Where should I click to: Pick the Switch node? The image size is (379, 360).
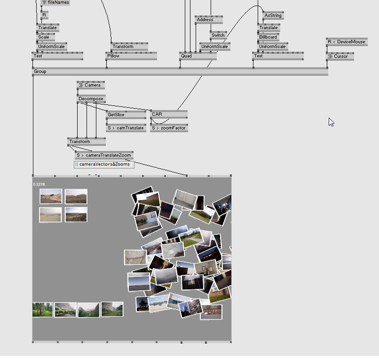218,35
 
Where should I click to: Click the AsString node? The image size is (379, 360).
273,16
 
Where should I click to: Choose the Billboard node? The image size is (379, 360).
268,37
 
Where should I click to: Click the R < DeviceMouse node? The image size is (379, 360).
347,42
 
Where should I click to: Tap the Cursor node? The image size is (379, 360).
340,56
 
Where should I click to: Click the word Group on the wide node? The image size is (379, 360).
40,72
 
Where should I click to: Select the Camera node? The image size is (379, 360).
91,85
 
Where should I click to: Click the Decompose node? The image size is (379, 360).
91,99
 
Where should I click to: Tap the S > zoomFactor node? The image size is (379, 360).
169,128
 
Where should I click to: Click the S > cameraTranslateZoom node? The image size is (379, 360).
104,155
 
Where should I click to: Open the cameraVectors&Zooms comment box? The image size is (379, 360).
104,164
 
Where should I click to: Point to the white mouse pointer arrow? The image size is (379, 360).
331,122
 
